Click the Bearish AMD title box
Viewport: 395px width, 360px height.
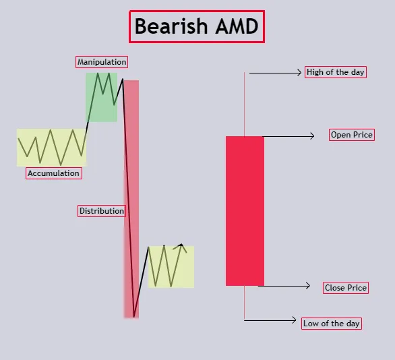pos(197,26)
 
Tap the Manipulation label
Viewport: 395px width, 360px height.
pos(102,62)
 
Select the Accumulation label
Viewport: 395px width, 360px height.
pos(54,173)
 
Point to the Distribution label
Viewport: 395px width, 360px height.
pos(102,211)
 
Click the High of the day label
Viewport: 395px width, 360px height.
pos(336,72)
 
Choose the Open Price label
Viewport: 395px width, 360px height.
pos(352,135)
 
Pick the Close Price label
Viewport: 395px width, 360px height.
pos(346,288)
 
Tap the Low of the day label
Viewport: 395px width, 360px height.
pos(332,324)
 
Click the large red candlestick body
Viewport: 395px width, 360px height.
pos(245,211)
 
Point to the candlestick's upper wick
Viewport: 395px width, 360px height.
pos(244,104)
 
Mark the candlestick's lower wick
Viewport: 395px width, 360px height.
pos(244,302)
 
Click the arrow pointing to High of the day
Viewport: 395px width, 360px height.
pos(275,73)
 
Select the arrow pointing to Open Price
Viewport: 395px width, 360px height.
pos(288,136)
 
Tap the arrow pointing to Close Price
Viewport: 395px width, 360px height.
pos(284,286)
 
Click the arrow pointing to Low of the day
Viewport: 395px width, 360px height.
pos(270,320)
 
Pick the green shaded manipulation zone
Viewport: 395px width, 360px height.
pos(102,98)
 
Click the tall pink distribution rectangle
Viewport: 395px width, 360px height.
pos(131,199)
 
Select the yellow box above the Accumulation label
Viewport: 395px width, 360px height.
pos(52,148)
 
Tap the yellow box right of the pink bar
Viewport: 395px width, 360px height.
pos(171,267)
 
